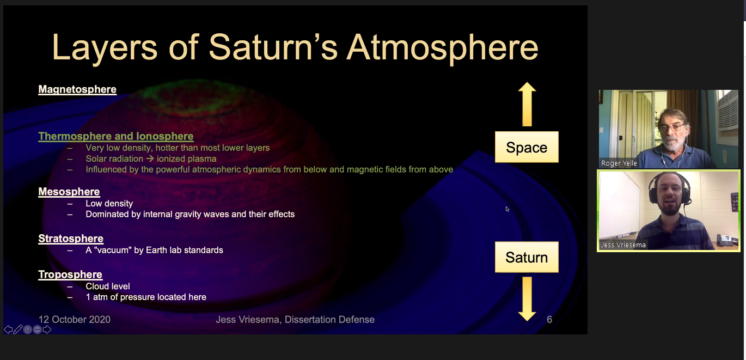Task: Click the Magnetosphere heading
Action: pyautogui.click(x=77, y=89)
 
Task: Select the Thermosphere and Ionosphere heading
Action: pyautogui.click(x=116, y=136)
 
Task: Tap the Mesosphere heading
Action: pyautogui.click(x=69, y=192)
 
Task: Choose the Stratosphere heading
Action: pyautogui.click(x=71, y=239)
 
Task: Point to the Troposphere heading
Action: pyautogui.click(x=70, y=274)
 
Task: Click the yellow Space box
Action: pyautogui.click(x=527, y=147)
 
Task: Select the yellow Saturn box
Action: pyautogui.click(x=527, y=257)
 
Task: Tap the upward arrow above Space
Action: pyautogui.click(x=527, y=104)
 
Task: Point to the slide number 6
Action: pyautogui.click(x=549, y=319)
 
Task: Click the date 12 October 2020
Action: pyautogui.click(x=74, y=319)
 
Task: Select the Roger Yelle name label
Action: pyautogui.click(x=619, y=163)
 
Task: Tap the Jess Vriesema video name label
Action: pyautogui.click(x=623, y=245)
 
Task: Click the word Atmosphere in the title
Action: pyautogui.click(x=442, y=48)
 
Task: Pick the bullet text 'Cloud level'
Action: pyautogui.click(x=108, y=286)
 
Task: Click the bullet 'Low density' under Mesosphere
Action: pyautogui.click(x=109, y=204)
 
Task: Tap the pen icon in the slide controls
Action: pyautogui.click(x=18, y=330)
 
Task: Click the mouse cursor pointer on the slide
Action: pyautogui.click(x=507, y=209)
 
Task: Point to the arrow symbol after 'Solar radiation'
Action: pyautogui.click(x=150, y=158)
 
